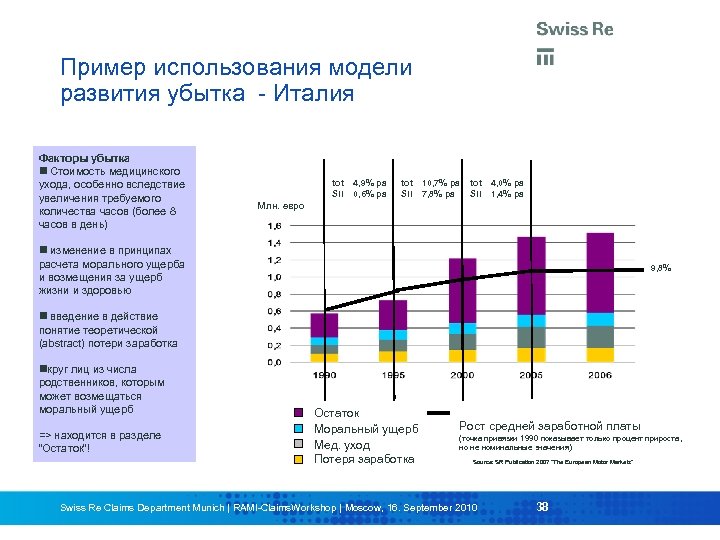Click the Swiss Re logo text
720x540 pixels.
574,29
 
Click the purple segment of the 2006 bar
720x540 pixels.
600,272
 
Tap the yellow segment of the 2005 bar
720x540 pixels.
531,354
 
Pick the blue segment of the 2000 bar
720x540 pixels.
462,328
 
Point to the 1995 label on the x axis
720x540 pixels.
393,375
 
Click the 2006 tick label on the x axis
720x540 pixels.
600,375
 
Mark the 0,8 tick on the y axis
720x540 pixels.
274,294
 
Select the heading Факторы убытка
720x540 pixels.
83,158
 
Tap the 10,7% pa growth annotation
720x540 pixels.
440,183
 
